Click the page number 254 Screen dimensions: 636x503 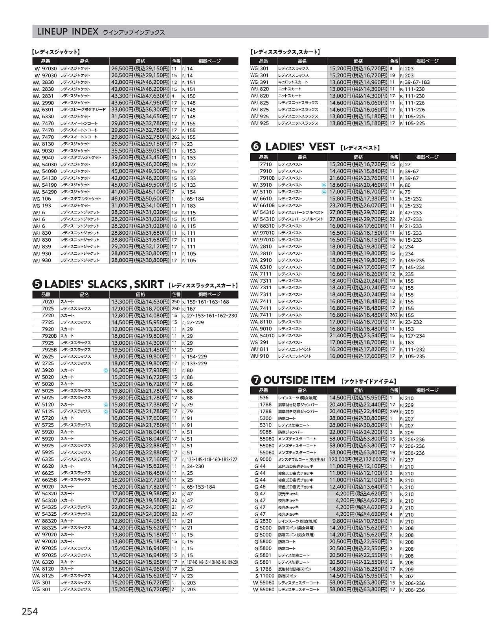pyautogui.click(x=29, y=611)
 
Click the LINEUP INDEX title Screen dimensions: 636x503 pyautogui.click(x=67, y=32)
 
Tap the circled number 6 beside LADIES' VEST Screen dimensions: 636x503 pyautogui.click(x=255, y=147)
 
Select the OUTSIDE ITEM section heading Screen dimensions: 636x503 pyautogui.click(x=299, y=380)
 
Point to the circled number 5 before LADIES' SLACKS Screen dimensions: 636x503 pyautogui.click(x=37, y=284)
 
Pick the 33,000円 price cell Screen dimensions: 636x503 pyautogui.click(x=140, y=110)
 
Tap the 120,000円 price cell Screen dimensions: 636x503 pyautogui.click(x=358, y=459)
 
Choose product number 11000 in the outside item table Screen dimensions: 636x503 pyautogui.click(x=267, y=576)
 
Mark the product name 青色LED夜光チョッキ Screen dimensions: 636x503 pyautogui.click(x=296, y=487)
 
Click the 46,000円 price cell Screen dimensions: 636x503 pyautogui.click(x=140, y=199)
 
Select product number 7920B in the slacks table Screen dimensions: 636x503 pyautogui.click(x=50, y=336)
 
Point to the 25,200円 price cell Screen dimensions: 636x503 pyautogui.click(x=140, y=480)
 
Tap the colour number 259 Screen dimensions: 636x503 pyautogui.click(x=393, y=412)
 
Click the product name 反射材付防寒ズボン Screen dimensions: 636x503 pyautogui.click(x=295, y=569)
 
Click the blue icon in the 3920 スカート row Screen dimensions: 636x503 pyautogui.click(x=105, y=370)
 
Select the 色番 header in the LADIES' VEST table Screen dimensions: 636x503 pyautogui.click(x=394, y=157)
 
